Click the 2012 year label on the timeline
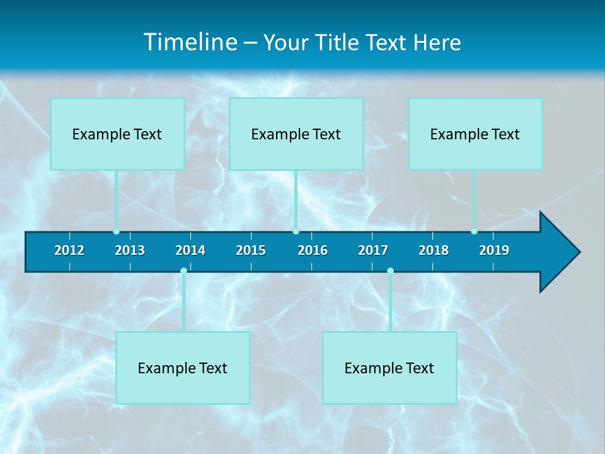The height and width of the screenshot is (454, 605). (x=69, y=250)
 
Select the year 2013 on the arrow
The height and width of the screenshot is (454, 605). (x=130, y=250)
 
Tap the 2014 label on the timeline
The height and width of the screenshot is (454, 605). (x=190, y=250)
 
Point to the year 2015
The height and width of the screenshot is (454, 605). (x=251, y=250)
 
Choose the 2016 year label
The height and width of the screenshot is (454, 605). (x=313, y=250)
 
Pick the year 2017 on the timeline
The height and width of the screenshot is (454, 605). (x=373, y=250)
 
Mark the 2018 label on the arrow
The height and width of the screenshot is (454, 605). (x=434, y=250)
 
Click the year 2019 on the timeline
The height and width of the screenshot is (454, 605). (x=494, y=250)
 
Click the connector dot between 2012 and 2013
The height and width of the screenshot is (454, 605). (x=117, y=231)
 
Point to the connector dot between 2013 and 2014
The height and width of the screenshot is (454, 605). (x=183, y=271)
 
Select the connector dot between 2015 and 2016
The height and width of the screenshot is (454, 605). (x=296, y=231)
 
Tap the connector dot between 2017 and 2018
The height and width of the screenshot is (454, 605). (x=390, y=271)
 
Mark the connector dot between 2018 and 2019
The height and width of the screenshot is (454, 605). (x=474, y=231)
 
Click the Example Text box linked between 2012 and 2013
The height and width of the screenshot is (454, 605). (x=117, y=134)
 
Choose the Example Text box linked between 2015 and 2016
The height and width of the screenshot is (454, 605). (x=296, y=134)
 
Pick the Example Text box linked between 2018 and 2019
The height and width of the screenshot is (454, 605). (x=475, y=134)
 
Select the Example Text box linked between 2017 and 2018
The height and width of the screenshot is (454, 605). (x=389, y=368)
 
